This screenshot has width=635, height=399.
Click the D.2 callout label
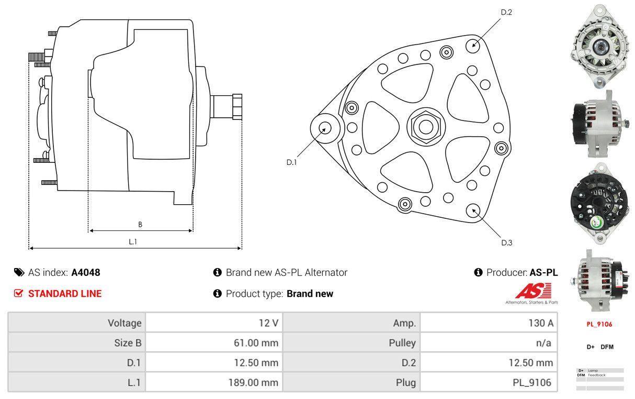pos(506,13)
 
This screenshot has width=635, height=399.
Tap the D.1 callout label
pos(291,162)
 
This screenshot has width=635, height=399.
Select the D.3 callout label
pos(506,242)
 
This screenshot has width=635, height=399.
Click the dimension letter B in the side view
pos(140,225)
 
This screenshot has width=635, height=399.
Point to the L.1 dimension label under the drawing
pos(133,241)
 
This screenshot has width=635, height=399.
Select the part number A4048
pos(86,272)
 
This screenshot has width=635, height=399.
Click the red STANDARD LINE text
pos(65,294)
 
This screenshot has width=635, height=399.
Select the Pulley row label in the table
pos(403,343)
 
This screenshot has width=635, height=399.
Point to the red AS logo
pos(532,291)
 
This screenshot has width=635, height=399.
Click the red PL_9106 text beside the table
pos(599,324)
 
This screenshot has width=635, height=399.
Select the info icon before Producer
pos(478,272)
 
